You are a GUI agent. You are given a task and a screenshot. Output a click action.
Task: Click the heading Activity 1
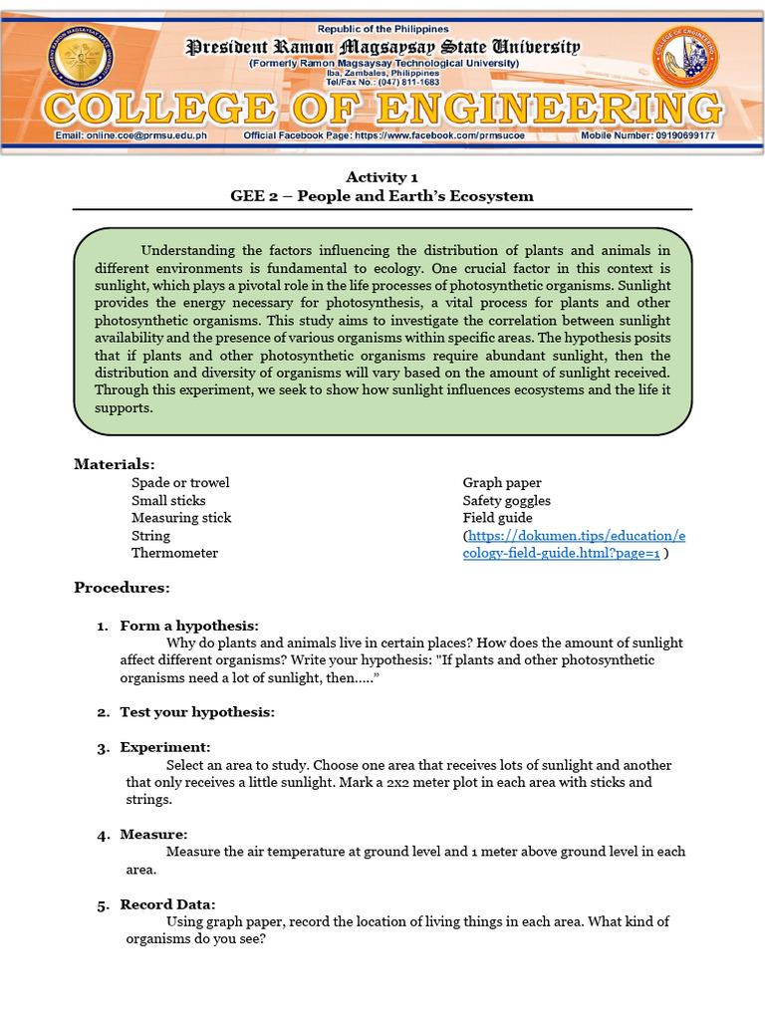(x=382, y=177)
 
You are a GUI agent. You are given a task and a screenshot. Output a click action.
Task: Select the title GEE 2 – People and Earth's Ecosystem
(x=382, y=196)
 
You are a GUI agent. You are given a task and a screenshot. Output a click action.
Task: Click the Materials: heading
(x=115, y=464)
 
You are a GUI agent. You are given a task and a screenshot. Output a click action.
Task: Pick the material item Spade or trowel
(x=180, y=483)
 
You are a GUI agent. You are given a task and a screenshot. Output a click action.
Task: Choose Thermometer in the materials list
(x=174, y=553)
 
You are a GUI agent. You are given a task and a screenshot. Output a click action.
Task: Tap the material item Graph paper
(x=502, y=483)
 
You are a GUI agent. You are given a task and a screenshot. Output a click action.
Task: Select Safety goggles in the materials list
(x=506, y=500)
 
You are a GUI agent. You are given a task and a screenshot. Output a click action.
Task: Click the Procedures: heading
(x=122, y=588)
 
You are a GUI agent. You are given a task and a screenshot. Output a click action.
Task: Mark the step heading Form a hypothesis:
(x=189, y=626)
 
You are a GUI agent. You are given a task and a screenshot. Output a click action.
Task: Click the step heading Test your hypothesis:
(x=197, y=712)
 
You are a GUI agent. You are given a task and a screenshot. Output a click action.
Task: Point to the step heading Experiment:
(x=165, y=747)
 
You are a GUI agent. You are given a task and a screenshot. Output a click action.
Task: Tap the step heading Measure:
(x=153, y=834)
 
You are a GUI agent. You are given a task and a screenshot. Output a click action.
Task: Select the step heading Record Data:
(x=167, y=904)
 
